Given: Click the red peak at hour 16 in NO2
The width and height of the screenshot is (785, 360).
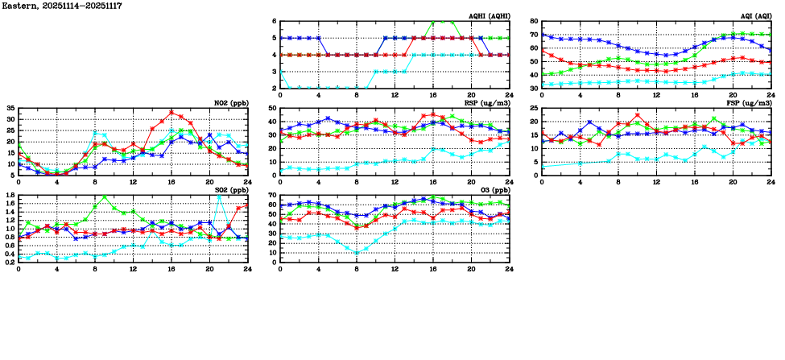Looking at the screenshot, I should (171, 112).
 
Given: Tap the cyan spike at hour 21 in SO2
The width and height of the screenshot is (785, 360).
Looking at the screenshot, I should (219, 196).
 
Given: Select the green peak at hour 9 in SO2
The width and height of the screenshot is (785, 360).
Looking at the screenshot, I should (105, 196).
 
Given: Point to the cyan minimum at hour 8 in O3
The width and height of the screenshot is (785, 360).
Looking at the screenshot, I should (357, 253).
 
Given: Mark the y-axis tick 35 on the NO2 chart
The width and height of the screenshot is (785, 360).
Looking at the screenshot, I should (10, 108).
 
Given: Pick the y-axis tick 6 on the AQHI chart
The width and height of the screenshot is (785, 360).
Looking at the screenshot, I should (274, 21).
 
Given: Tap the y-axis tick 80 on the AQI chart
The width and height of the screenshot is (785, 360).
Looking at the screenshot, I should (534, 21).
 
